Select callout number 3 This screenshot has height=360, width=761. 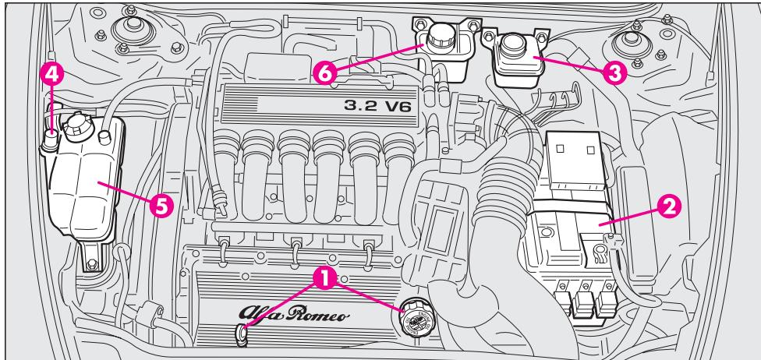(x=613, y=72)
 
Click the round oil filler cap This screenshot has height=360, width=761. (x=412, y=319)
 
